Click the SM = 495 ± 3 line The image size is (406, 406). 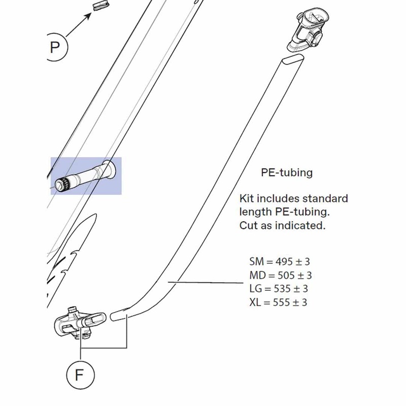(x=280, y=262)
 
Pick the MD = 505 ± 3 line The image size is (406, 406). (x=280, y=276)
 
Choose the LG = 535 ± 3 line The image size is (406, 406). (x=279, y=289)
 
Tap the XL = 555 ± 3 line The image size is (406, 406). (x=279, y=302)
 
